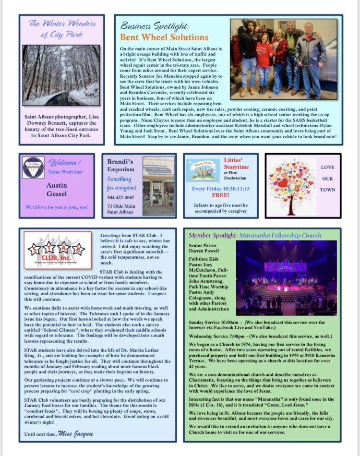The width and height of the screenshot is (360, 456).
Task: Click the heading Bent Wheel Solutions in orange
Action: [x=164, y=37]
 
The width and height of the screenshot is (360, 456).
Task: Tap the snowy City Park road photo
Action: [x=61, y=75]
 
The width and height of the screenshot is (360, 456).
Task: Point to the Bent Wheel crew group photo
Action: [x=284, y=59]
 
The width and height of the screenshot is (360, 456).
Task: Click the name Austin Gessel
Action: [x=57, y=189]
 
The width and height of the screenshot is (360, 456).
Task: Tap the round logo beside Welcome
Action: [x=33, y=168]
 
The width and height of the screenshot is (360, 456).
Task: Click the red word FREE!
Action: [x=220, y=195]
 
